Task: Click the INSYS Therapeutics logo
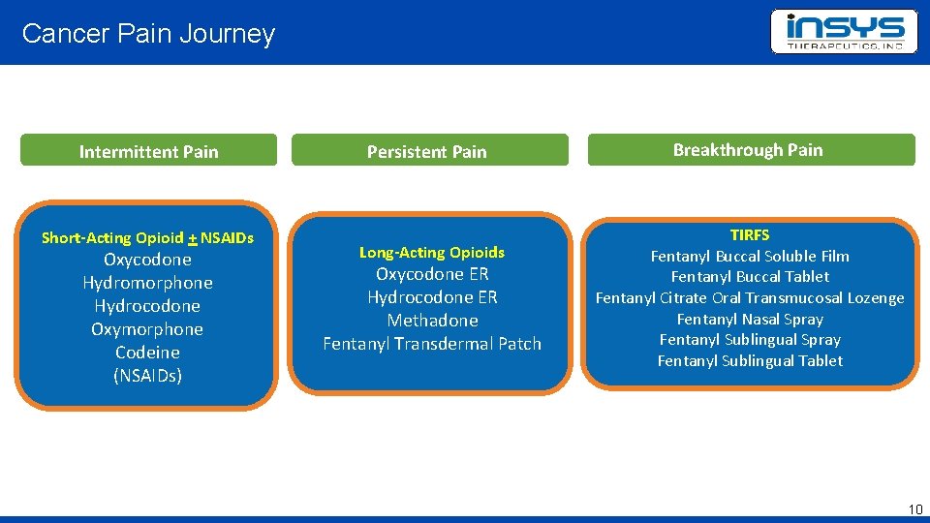click(844, 32)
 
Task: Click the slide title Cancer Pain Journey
click(148, 34)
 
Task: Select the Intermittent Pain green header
click(148, 151)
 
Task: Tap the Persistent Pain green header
click(427, 151)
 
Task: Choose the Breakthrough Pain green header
click(748, 150)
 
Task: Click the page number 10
click(915, 509)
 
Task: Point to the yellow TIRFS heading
click(750, 235)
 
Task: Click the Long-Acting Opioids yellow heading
click(432, 252)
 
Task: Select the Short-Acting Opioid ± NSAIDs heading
click(147, 237)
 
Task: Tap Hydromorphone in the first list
click(147, 283)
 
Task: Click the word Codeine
click(147, 353)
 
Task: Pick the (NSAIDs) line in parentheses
click(147, 376)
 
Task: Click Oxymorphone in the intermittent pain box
click(147, 329)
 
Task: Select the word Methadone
click(432, 321)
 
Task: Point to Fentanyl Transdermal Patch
click(432, 344)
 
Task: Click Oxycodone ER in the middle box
click(432, 274)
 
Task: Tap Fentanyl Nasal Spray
click(750, 319)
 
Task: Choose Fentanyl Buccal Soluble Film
click(750, 257)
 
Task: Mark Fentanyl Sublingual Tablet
click(750, 361)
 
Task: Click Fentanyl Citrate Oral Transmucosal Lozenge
click(750, 298)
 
